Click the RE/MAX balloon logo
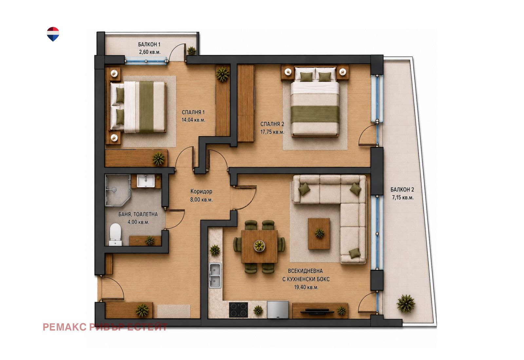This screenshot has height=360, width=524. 53,34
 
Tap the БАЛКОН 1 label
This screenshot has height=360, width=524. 149,45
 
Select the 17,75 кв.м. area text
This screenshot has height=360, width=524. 272,132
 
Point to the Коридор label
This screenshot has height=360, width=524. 201,191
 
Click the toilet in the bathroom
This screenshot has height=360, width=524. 116,234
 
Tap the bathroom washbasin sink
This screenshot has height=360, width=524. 145,181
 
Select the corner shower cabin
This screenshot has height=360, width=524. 118,190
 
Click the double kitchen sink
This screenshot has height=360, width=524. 215,275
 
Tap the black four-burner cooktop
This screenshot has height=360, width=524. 238,310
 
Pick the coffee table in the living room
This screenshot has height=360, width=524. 319,234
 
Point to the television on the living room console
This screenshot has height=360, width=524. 317,311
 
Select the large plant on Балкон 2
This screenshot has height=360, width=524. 406,304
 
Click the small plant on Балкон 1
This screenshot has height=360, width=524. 192,50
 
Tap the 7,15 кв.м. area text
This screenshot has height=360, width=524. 403,198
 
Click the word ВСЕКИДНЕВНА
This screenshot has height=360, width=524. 305,271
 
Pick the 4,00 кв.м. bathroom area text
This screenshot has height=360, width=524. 138,222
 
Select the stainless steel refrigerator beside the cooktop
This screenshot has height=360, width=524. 278,310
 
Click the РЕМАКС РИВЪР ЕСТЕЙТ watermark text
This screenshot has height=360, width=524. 105,327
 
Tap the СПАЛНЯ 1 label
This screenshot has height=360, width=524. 193,113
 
